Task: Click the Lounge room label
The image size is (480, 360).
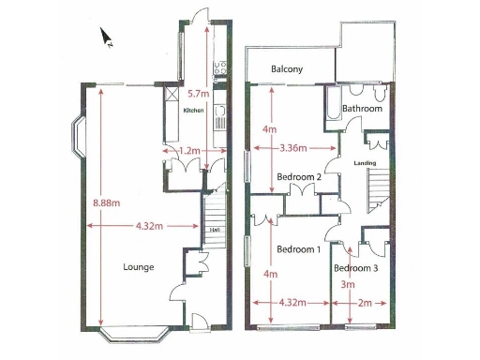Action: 138,267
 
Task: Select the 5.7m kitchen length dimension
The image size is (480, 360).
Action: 198,94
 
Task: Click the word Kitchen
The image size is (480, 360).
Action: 193,111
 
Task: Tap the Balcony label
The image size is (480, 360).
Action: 287,69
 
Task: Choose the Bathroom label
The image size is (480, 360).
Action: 363,110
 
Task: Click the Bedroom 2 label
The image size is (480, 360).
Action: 300,176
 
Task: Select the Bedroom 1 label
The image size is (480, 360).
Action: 300,249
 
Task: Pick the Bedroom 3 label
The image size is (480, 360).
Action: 356,268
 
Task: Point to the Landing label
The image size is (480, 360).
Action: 365,163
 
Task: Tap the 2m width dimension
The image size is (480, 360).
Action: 364,303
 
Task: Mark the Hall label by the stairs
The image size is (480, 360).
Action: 215,231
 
